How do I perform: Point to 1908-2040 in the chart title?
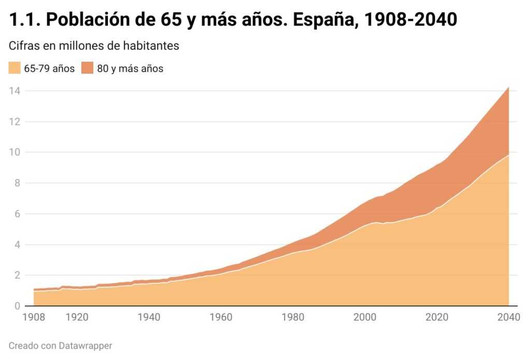tap(410, 20)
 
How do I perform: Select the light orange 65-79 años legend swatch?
tap(15, 68)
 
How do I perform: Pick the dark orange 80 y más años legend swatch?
tap(87, 68)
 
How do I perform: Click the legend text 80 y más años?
tap(130, 68)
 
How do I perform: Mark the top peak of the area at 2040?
tap(509, 87)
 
